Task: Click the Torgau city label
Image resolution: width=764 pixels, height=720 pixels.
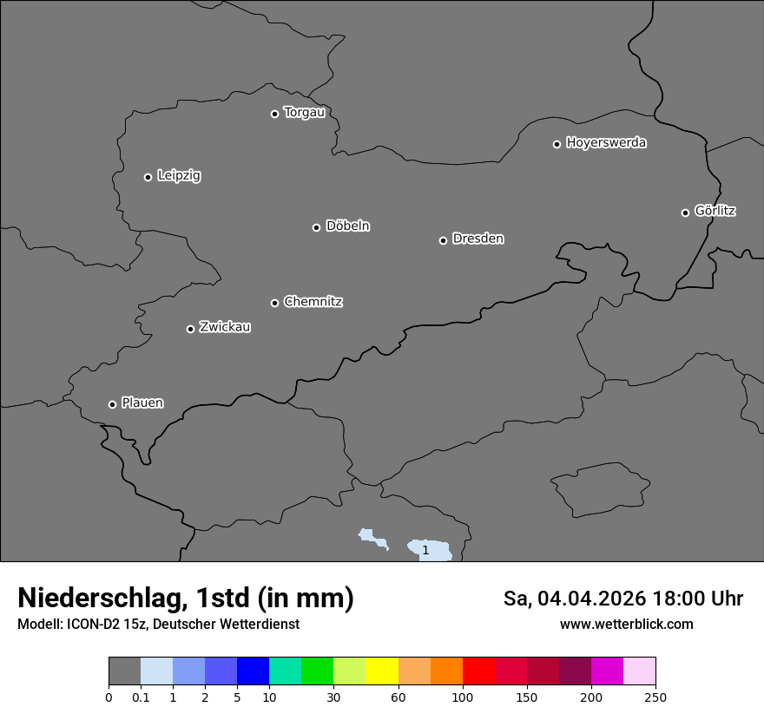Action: (x=304, y=113)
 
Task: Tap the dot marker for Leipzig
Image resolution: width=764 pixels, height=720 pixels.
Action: (x=148, y=177)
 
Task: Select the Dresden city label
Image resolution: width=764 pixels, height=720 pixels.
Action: (x=477, y=239)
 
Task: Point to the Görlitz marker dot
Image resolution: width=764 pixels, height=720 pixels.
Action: (x=685, y=213)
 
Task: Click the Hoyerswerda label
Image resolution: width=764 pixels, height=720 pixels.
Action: (x=606, y=143)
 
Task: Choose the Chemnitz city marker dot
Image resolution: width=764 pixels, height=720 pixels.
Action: (x=274, y=303)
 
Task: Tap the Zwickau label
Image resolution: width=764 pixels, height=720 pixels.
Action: (x=225, y=327)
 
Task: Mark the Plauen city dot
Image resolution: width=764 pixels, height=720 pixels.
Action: (x=112, y=404)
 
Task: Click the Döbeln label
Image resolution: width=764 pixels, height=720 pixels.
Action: (x=347, y=226)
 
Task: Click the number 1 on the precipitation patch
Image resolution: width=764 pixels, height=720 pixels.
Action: (x=425, y=550)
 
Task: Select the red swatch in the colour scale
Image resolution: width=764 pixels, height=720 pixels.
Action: (x=478, y=671)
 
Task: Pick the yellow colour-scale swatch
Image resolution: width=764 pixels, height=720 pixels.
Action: (x=382, y=671)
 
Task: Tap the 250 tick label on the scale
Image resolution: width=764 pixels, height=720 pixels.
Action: (x=655, y=697)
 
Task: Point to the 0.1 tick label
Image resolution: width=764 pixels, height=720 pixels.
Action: (x=141, y=697)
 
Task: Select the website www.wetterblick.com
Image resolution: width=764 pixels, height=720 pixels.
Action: (x=626, y=625)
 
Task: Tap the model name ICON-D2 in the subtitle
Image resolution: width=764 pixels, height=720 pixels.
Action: (x=96, y=625)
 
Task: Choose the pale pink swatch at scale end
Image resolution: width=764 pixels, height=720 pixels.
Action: (x=639, y=671)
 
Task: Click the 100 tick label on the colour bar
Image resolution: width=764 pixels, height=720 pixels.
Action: (x=463, y=697)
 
